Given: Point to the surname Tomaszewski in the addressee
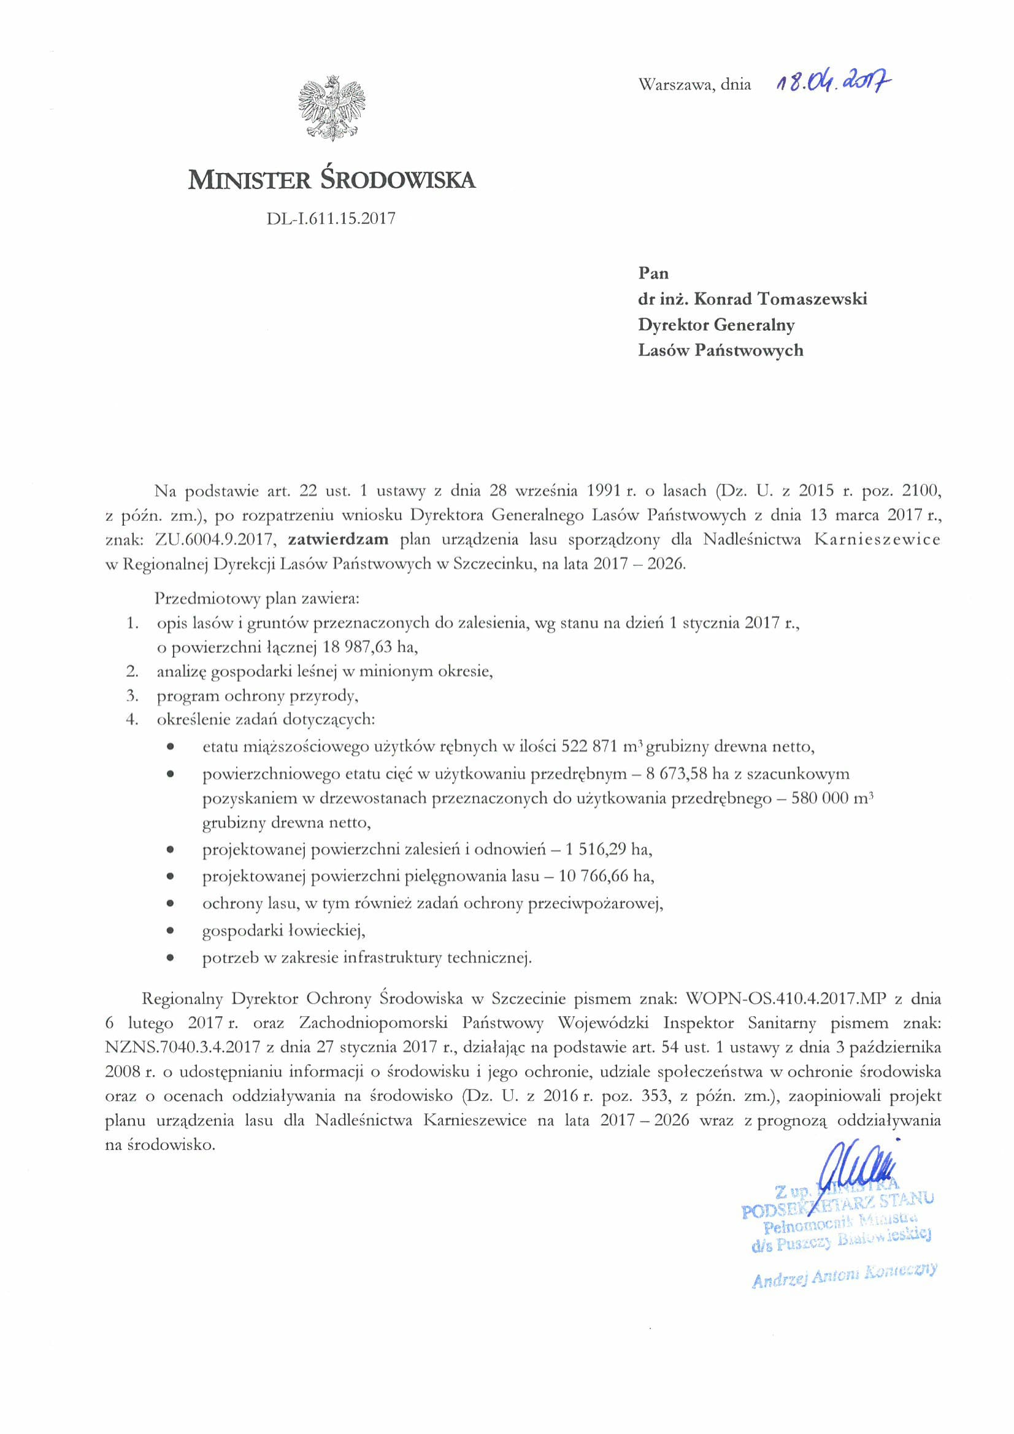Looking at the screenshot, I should point(812,299).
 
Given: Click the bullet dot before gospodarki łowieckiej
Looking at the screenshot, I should point(170,931).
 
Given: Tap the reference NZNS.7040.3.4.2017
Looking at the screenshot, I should point(182,1046).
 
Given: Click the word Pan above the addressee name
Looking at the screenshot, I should point(653,273).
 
